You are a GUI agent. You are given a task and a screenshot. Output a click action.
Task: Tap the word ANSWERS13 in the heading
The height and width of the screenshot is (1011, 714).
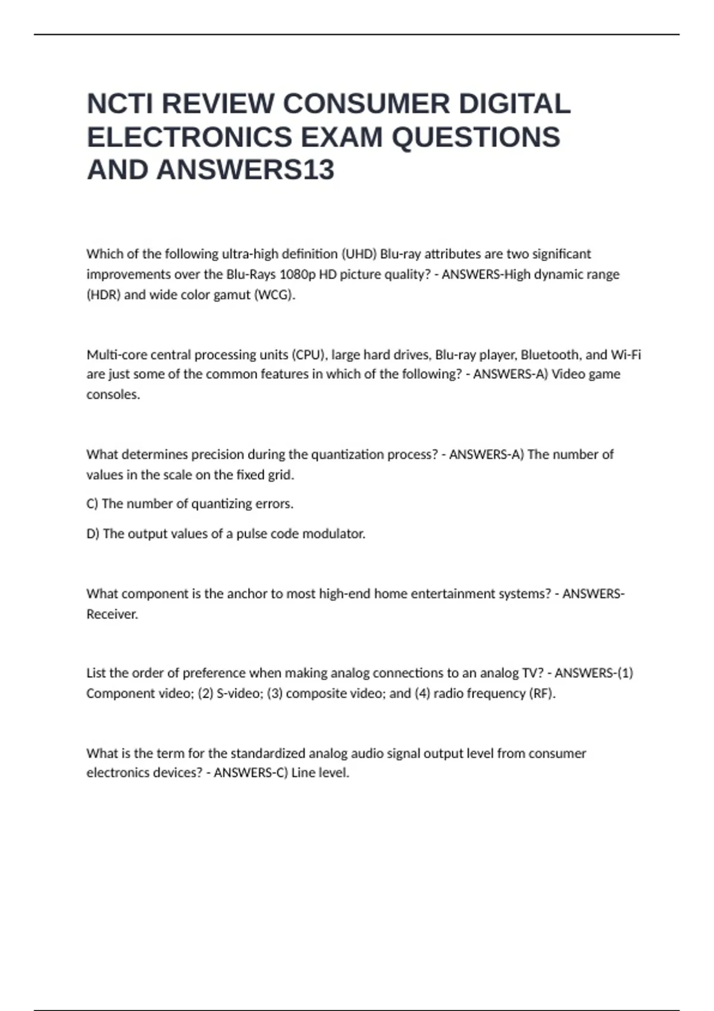(245, 170)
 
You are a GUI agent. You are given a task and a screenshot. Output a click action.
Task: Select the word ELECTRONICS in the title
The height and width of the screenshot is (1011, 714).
(189, 137)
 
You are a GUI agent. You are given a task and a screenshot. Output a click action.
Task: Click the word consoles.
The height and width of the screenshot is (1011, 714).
(113, 395)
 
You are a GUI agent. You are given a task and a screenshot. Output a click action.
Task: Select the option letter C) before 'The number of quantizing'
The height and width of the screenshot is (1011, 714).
(92, 504)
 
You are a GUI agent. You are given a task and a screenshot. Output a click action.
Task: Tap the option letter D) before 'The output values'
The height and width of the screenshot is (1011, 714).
(93, 534)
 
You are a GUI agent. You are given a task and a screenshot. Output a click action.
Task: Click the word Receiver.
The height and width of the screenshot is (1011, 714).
(112, 614)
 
